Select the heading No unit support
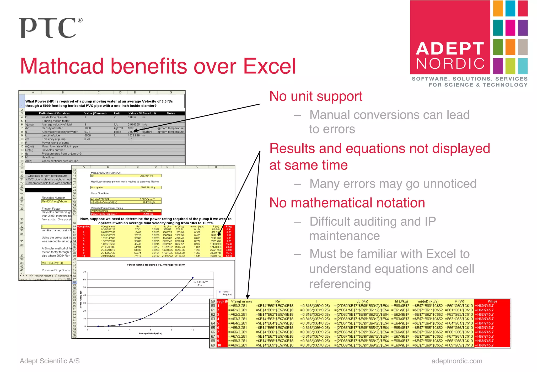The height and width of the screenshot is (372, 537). (316, 96)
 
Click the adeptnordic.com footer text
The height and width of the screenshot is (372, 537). (457, 361)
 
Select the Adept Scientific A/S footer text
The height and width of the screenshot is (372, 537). (50, 361)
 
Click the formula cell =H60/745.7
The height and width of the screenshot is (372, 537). (485, 306)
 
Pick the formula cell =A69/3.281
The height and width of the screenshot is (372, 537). (238, 345)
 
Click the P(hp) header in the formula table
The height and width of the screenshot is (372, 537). (492, 301)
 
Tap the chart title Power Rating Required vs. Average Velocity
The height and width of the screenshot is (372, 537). (156, 265)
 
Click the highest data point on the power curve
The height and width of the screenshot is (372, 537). (193, 278)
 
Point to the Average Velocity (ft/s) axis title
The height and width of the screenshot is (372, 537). (150, 333)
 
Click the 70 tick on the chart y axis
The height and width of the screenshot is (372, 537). (84, 272)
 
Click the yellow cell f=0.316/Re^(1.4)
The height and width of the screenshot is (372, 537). (56, 263)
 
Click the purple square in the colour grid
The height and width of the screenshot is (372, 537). (523, 28)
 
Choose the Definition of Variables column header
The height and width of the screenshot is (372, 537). (54, 113)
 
